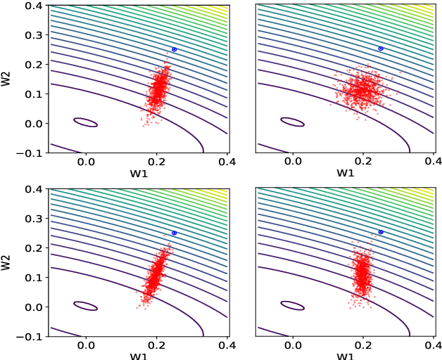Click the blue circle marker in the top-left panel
click(x=175, y=49)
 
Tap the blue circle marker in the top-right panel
click(x=381, y=49)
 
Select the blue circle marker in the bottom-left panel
click(x=175, y=233)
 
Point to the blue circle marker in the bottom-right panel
click(x=381, y=232)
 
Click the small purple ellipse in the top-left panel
click(x=86, y=122)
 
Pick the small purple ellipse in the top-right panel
click(x=292, y=122)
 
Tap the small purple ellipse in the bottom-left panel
click(x=86, y=306)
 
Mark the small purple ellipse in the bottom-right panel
click(x=292, y=305)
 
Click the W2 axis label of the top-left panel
click(x=7, y=78)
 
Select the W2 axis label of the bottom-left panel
click(x=7, y=262)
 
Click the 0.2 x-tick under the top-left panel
click(x=156, y=161)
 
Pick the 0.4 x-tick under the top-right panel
click(x=433, y=161)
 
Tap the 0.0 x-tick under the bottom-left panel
click(x=86, y=345)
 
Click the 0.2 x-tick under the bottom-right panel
click(x=362, y=345)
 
